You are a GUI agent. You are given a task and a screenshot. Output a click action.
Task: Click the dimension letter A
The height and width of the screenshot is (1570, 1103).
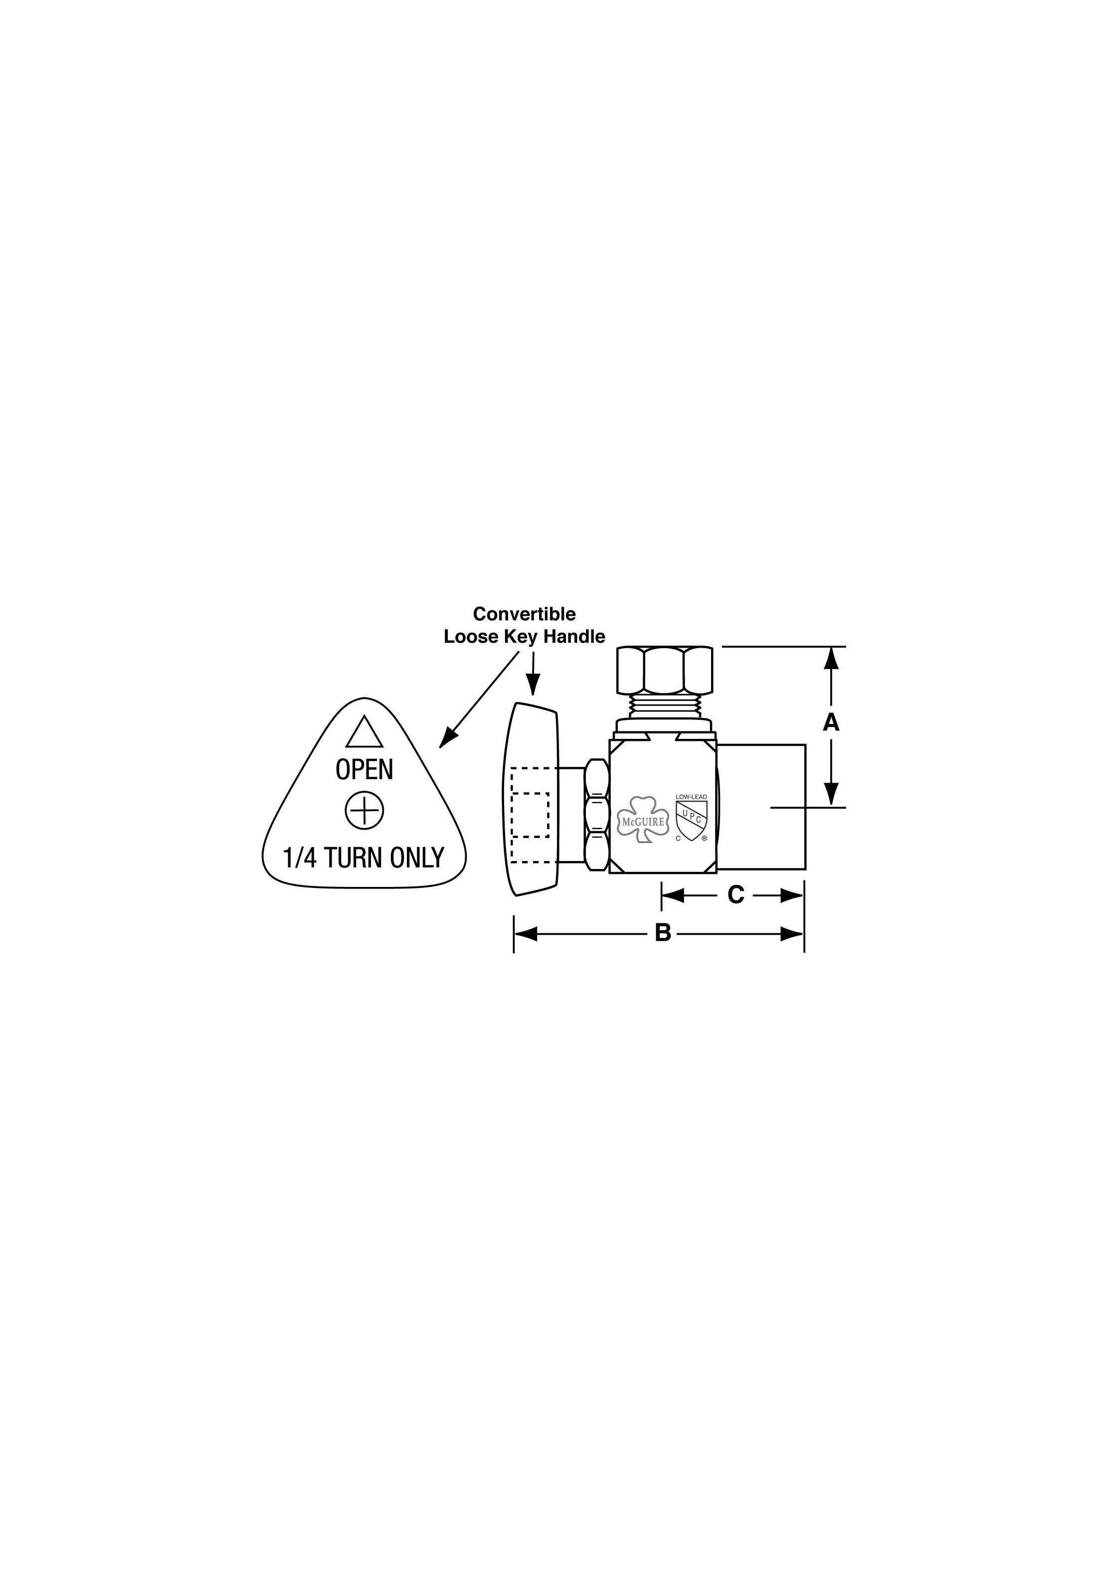click(x=830, y=722)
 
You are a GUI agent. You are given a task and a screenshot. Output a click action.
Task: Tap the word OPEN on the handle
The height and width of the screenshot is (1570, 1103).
click(x=365, y=770)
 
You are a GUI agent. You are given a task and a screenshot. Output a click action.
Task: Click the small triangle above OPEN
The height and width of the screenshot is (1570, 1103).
click(x=364, y=732)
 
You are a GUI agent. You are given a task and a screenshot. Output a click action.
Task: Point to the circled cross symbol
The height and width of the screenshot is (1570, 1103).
click(x=365, y=812)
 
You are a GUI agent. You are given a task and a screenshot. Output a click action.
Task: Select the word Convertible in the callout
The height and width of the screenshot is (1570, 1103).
click(x=525, y=614)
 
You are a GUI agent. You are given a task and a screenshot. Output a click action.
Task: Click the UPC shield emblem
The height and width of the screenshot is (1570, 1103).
click(x=691, y=821)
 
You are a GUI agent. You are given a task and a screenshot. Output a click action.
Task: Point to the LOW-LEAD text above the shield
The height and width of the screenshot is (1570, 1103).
click(x=691, y=797)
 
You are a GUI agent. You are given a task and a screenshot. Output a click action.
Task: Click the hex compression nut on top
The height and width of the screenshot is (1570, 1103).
click(x=665, y=670)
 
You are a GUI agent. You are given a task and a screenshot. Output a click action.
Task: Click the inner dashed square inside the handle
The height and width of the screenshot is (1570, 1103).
click(x=531, y=815)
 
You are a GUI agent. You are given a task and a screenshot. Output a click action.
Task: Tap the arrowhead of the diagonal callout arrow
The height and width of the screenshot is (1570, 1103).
click(x=447, y=738)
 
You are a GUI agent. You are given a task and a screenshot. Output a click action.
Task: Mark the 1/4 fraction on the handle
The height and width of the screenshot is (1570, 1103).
click(x=300, y=858)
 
